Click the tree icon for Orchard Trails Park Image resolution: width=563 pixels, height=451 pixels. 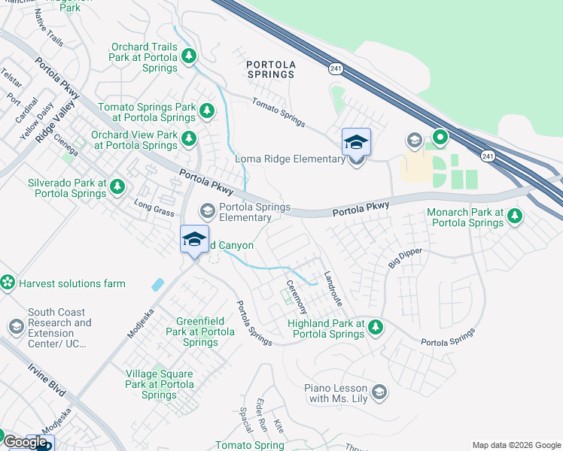[x=188, y=56]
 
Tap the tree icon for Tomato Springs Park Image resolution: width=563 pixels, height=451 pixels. [x=206, y=112]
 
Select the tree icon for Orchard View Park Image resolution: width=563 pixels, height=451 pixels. [x=188, y=139]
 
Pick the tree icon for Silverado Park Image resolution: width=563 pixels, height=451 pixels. [x=116, y=186]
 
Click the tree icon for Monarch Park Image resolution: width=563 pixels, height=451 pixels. [x=514, y=216]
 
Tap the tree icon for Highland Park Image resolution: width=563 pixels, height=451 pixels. [x=376, y=327]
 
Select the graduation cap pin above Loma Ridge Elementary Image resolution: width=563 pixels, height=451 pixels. [x=356, y=141]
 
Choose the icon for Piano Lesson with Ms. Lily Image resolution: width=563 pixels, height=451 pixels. [x=379, y=392]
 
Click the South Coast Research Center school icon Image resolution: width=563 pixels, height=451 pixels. [x=16, y=327]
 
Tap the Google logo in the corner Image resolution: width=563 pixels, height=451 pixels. [x=25, y=442]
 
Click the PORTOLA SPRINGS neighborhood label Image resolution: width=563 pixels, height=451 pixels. [x=270, y=69]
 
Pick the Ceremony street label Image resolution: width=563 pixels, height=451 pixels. [x=296, y=296]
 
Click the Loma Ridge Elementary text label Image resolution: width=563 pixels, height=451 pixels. [x=290, y=159]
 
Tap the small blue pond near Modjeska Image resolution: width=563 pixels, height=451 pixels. [x=157, y=285]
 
